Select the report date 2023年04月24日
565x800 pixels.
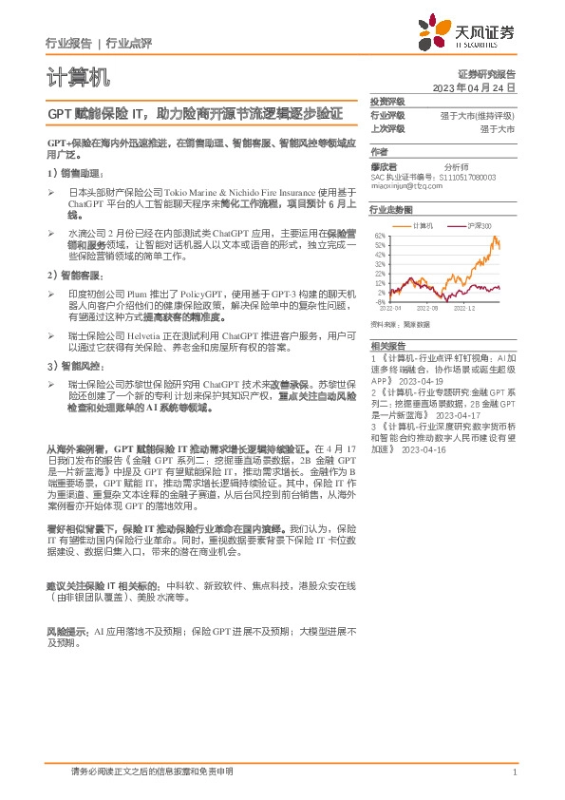click(473, 86)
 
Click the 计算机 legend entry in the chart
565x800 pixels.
click(424, 225)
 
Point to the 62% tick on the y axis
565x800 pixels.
click(380, 236)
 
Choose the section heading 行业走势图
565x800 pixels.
click(391, 209)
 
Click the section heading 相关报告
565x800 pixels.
click(387, 346)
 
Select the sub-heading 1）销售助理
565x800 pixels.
click(70, 174)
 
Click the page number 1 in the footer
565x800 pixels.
click(514, 771)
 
